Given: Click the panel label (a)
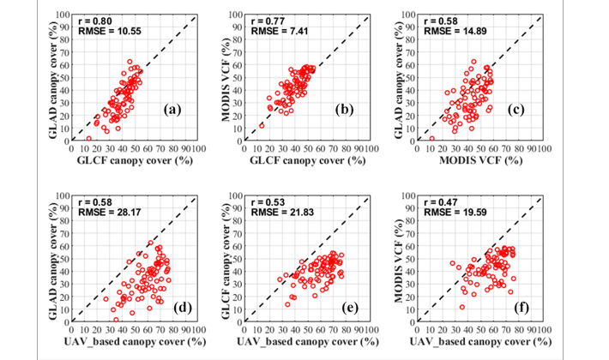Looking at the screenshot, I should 172,110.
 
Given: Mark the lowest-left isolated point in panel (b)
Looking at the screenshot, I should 262,125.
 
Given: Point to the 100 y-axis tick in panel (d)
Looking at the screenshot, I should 63,196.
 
